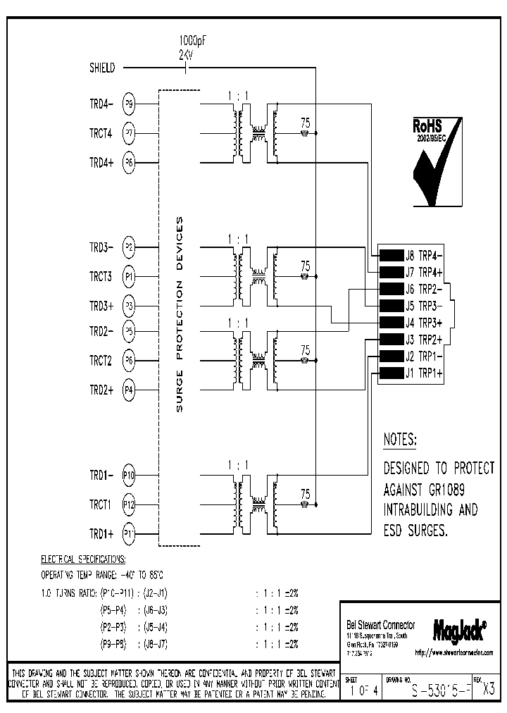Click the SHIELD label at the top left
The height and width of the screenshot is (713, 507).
coord(102,68)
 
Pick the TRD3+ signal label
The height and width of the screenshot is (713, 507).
coord(101,306)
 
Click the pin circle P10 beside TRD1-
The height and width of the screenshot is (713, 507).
coord(129,475)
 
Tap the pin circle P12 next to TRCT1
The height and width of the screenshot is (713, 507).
coord(129,504)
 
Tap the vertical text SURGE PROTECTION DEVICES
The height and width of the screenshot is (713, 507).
coord(179,314)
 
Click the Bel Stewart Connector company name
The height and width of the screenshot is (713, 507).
coord(381,625)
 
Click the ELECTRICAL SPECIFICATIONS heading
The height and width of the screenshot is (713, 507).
coord(82,559)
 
